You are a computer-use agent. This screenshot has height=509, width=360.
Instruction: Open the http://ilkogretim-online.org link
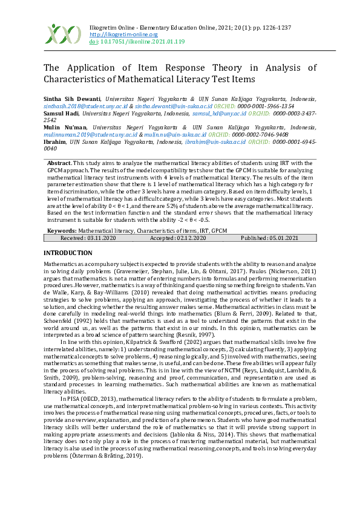114,34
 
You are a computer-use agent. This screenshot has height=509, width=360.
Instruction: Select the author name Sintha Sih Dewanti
72,98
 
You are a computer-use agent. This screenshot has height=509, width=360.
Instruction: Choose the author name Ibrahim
54,142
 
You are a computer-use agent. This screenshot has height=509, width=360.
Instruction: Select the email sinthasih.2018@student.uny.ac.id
85,105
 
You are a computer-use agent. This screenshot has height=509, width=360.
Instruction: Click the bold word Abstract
59,163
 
